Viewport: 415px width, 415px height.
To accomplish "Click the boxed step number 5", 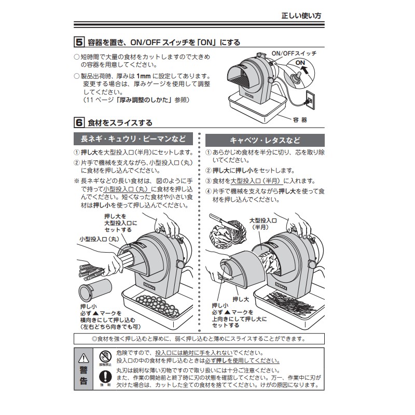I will pyautogui.click(x=79, y=42).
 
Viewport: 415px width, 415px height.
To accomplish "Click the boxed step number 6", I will pyautogui.click(x=79, y=123).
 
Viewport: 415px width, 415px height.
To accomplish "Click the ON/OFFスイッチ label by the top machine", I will pyautogui.click(x=294, y=53).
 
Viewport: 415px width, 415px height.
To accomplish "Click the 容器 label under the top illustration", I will pyautogui.click(x=300, y=119).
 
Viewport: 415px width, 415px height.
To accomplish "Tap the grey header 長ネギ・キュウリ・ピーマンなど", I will pyautogui.click(x=133, y=140).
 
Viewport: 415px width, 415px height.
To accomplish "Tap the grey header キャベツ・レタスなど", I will pyautogui.click(x=265, y=140).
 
